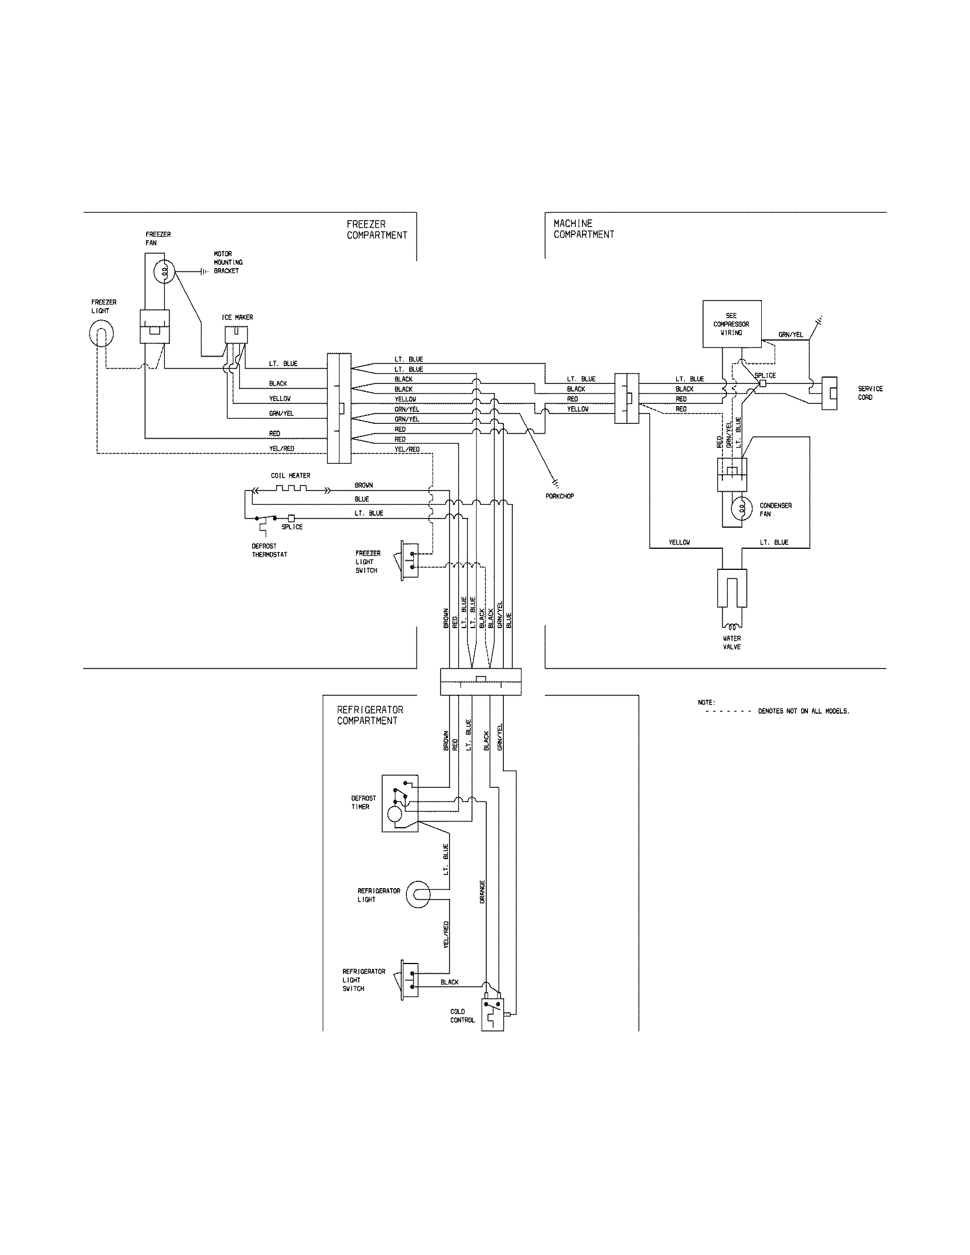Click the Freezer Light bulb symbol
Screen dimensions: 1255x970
tap(101, 334)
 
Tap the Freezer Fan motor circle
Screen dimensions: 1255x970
tap(165, 271)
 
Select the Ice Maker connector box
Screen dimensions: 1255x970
tap(236, 335)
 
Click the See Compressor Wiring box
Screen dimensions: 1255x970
tap(731, 323)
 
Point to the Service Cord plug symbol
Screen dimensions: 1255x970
tap(828, 393)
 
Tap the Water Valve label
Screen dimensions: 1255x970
tap(731, 642)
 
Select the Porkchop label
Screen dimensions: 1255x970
tap(560, 496)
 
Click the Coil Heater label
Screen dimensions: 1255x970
tap(290, 476)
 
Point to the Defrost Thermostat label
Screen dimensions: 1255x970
tap(269, 550)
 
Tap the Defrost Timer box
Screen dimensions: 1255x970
tap(400, 803)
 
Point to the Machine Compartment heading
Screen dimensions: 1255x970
tap(583, 229)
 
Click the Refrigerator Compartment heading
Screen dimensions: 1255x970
tap(370, 715)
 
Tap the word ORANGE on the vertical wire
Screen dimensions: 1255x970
tap(482, 891)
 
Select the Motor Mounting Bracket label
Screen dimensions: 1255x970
tap(228, 262)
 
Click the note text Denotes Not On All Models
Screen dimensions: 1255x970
tap(803, 711)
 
